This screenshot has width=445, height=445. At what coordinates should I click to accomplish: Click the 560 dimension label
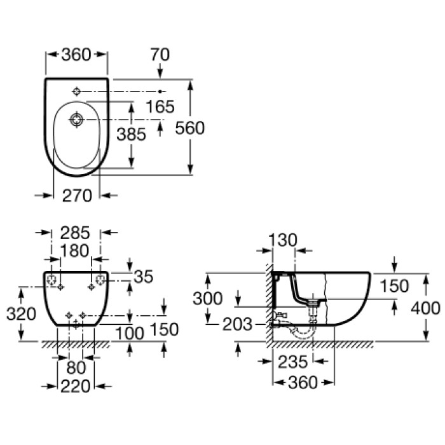[x=190, y=128]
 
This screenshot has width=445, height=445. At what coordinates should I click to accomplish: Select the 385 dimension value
[x=131, y=134]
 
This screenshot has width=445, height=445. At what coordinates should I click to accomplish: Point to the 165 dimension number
[x=159, y=107]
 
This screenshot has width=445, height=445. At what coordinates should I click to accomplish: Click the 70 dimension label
[x=160, y=55]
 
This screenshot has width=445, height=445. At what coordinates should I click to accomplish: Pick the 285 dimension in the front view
[x=76, y=233]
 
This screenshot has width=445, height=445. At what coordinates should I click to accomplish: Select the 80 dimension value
[x=76, y=367]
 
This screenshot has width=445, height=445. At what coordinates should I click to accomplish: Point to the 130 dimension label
[x=283, y=240]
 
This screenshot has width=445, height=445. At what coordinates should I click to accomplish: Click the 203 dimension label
[x=237, y=324]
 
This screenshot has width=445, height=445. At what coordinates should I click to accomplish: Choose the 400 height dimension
[x=425, y=308]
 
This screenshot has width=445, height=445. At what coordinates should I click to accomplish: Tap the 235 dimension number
[x=292, y=362]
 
